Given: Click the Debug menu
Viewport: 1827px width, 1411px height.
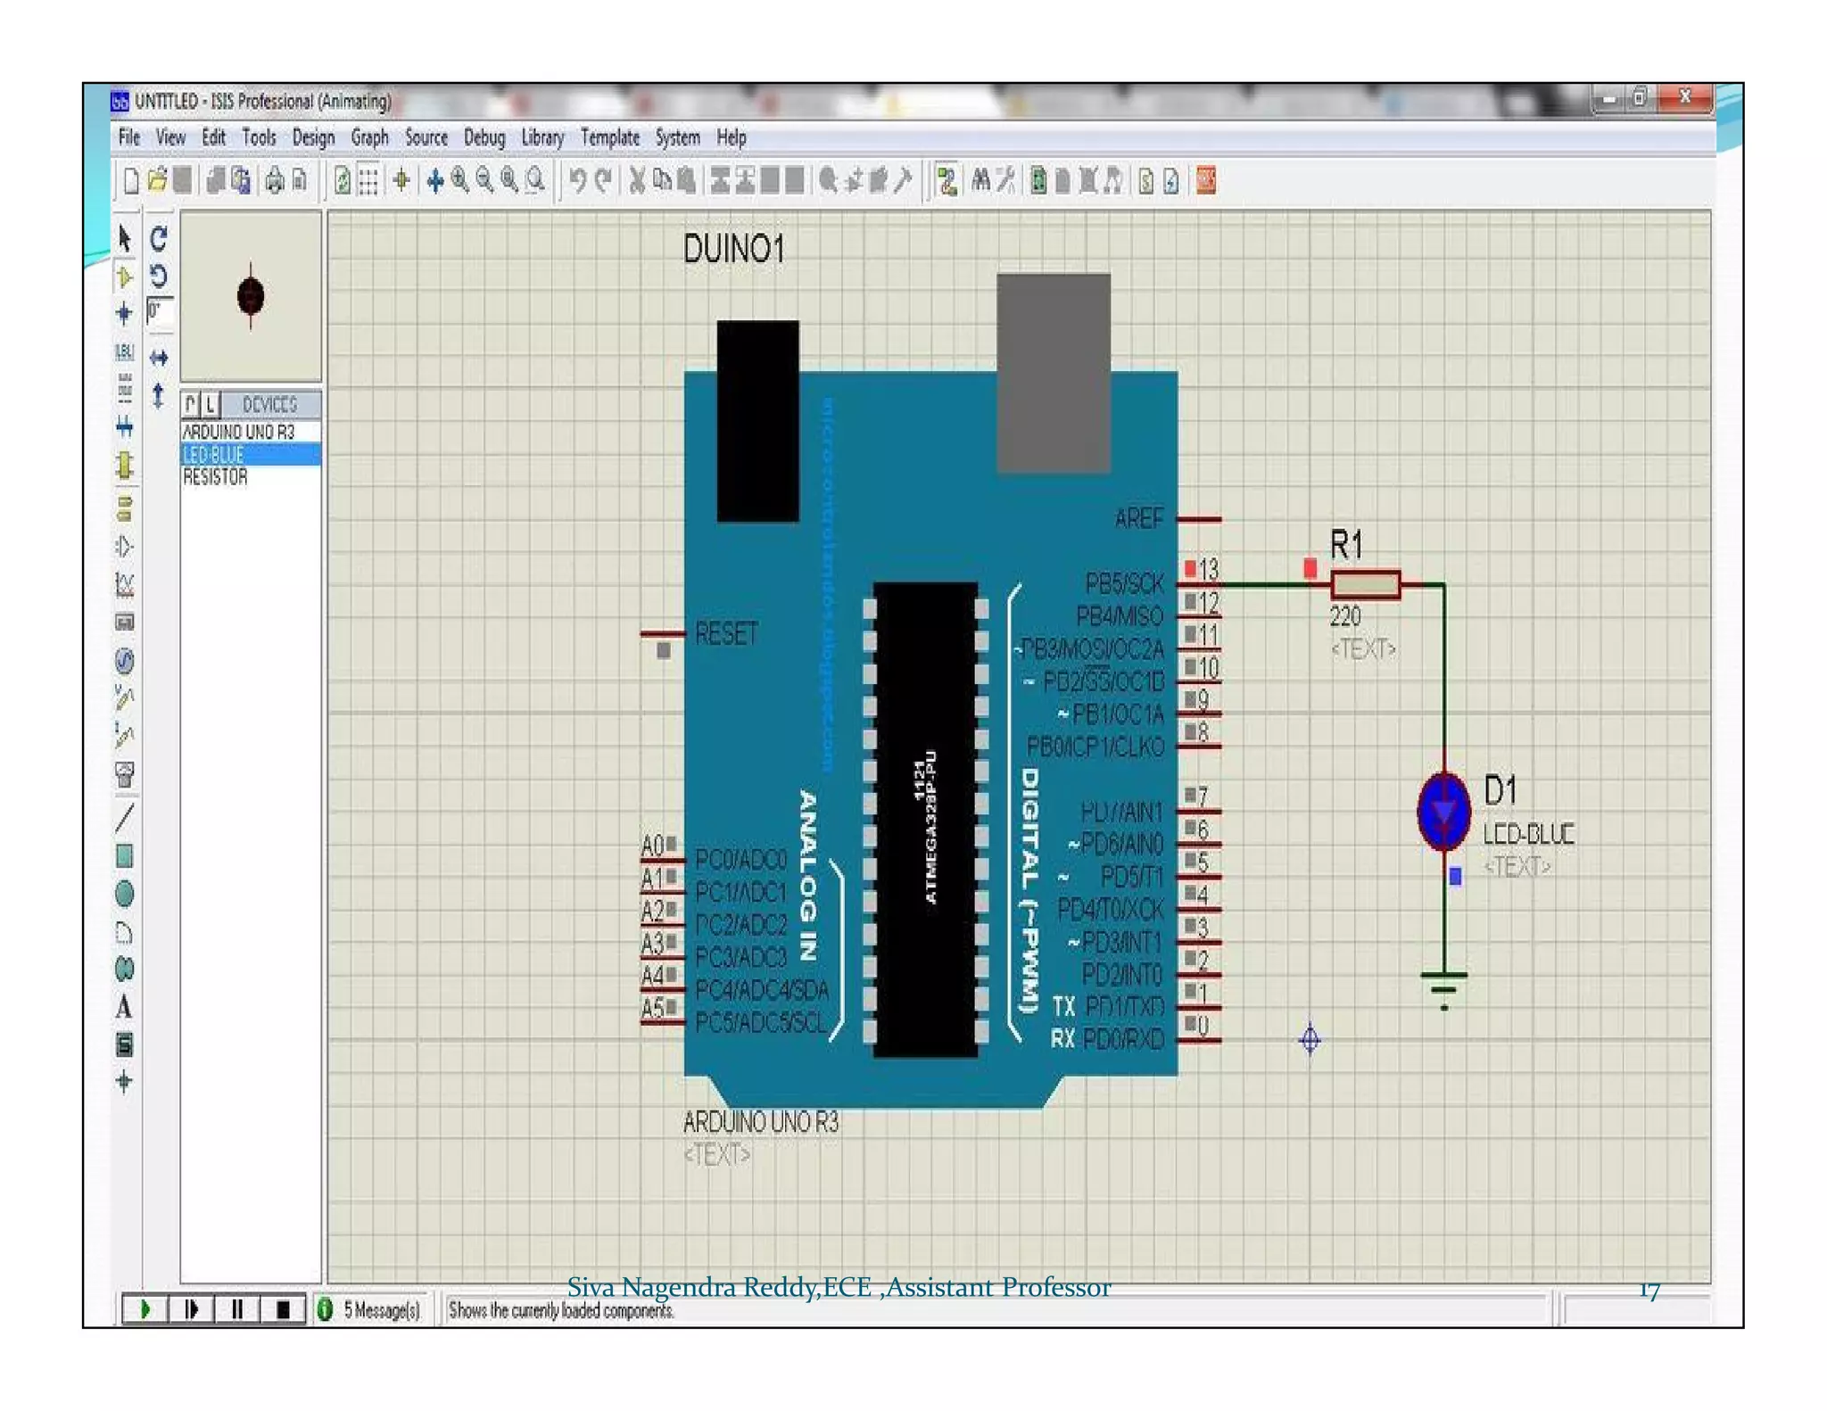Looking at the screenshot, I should click(484, 137).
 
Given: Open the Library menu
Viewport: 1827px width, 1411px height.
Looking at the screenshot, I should click(541, 137).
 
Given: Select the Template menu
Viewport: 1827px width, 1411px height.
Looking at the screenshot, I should click(609, 137).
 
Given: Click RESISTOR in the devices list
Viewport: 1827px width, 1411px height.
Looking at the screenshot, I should click(215, 477).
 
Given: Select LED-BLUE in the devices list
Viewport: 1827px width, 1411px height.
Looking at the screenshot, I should click(214, 455).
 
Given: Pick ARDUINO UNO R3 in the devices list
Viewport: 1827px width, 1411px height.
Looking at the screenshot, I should click(238, 432).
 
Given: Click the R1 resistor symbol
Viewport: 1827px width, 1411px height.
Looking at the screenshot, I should click(1365, 585).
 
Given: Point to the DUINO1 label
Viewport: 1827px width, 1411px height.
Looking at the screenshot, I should click(733, 249).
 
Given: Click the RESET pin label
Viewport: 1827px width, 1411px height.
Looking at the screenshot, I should click(726, 634).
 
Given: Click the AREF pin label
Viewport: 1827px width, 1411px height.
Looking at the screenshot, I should click(1138, 518).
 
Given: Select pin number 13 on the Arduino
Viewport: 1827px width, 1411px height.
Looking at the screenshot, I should click(1208, 569).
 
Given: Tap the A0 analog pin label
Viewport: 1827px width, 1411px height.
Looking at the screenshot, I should click(652, 845).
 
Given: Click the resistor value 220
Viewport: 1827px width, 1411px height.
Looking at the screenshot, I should click(1344, 616).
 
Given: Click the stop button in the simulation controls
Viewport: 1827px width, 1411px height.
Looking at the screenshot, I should click(283, 1309).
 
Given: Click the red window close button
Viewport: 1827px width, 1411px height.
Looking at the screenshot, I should click(1684, 97).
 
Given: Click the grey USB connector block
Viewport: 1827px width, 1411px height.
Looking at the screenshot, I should click(1053, 373).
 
